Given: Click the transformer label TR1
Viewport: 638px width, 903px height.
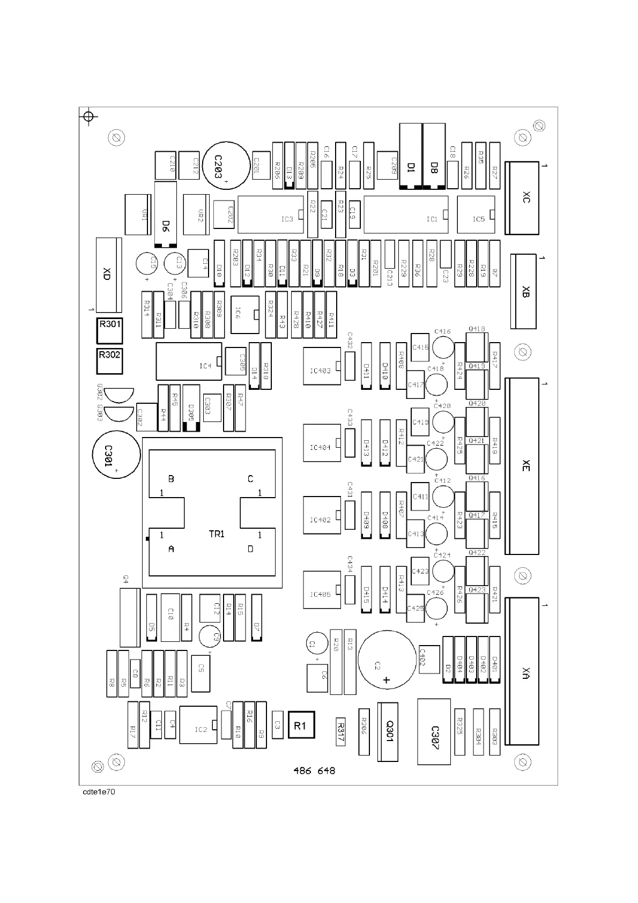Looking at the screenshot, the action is point(217,534).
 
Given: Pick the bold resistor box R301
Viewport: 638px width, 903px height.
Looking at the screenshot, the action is point(109,331).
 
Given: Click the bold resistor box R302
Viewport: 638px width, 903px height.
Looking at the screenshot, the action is point(109,361).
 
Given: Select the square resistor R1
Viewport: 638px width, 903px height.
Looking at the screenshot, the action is point(301,725).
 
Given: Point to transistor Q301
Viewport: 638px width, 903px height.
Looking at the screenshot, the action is point(388,731).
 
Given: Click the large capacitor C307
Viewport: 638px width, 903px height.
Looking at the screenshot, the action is point(434,731).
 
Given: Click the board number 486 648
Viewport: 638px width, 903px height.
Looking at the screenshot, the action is point(314,771).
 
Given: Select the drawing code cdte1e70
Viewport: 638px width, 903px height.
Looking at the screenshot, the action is point(99,792).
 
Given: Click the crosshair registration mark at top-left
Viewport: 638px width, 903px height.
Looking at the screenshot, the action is point(89,116).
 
